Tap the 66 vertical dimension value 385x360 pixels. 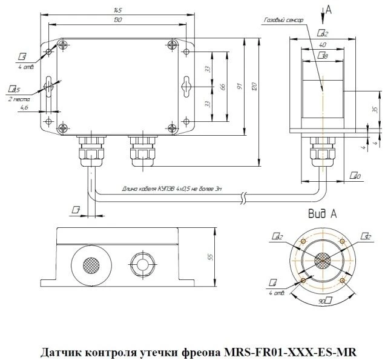(223, 87)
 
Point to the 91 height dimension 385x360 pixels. (240, 87)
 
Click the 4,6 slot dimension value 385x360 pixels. (24, 107)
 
